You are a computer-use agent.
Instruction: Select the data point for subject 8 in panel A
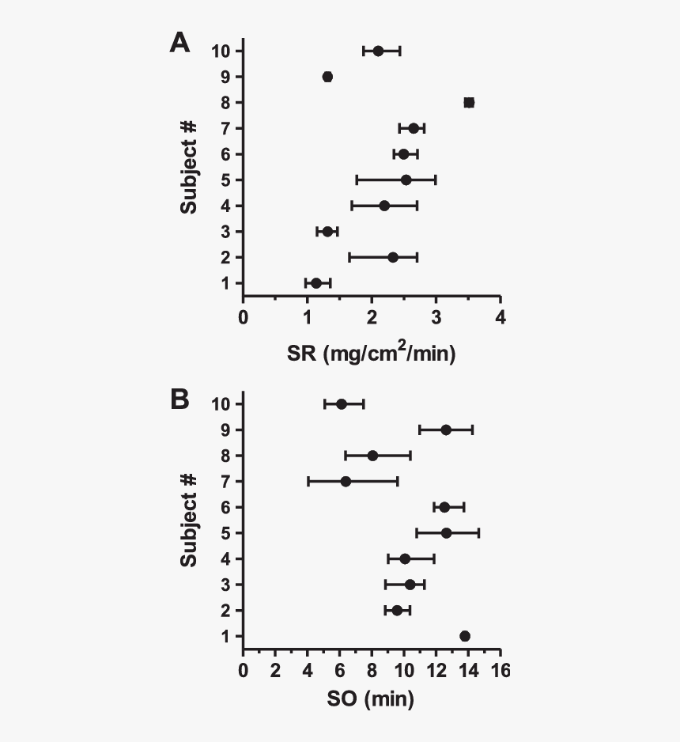click(x=469, y=102)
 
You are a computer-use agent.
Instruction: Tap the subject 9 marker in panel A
click(x=327, y=77)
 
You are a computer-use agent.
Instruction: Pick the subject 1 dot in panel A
click(x=316, y=283)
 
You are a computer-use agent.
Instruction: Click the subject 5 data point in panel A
click(x=406, y=180)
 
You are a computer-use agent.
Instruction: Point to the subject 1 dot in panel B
click(x=465, y=636)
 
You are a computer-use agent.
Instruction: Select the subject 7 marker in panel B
click(x=346, y=481)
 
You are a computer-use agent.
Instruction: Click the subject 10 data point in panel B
click(x=342, y=404)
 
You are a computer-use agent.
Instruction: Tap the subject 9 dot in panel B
click(x=446, y=430)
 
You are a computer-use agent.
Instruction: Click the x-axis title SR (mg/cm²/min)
click(x=371, y=354)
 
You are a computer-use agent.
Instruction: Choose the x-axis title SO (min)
click(x=371, y=699)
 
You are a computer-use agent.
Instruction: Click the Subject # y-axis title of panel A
click(x=188, y=167)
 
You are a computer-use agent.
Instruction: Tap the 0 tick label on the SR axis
click(x=244, y=317)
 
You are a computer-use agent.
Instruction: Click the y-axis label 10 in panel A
click(x=221, y=51)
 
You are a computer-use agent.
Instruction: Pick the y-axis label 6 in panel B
click(x=225, y=507)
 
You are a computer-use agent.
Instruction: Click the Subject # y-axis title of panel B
click(x=188, y=520)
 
